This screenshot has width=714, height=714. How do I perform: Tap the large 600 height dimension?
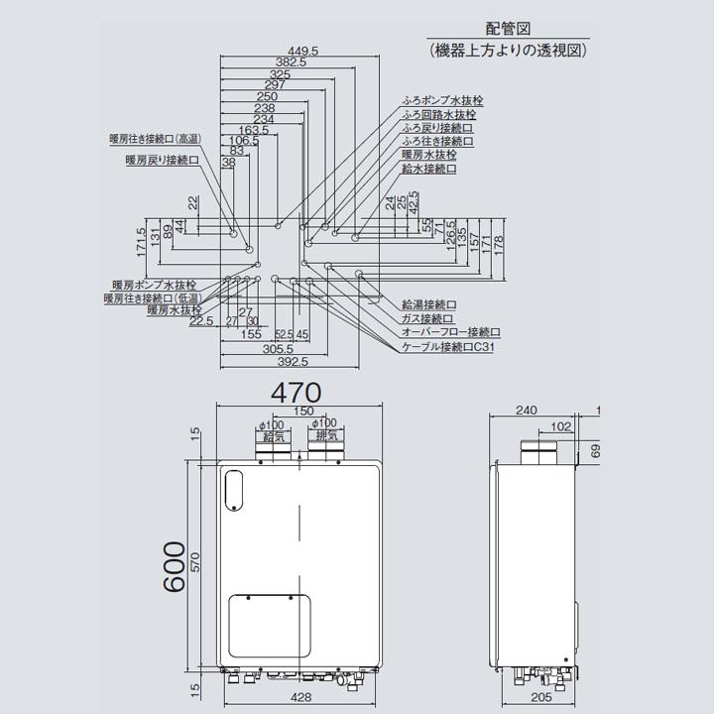(174, 567)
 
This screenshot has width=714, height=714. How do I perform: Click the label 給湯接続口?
(428, 304)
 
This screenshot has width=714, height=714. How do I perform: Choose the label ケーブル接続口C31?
(447, 348)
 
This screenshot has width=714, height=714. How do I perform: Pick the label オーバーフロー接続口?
(451, 333)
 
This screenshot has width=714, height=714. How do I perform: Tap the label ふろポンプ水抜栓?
(442, 100)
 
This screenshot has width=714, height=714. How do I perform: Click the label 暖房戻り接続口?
(162, 159)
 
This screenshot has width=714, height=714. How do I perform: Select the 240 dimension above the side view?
(527, 410)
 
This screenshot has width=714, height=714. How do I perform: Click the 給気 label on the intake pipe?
(273, 435)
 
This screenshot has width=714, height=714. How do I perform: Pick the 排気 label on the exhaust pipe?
(325, 435)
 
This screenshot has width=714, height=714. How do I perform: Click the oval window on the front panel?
(235, 488)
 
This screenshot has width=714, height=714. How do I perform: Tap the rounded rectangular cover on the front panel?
(269, 624)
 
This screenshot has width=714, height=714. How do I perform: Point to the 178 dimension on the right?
(499, 241)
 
